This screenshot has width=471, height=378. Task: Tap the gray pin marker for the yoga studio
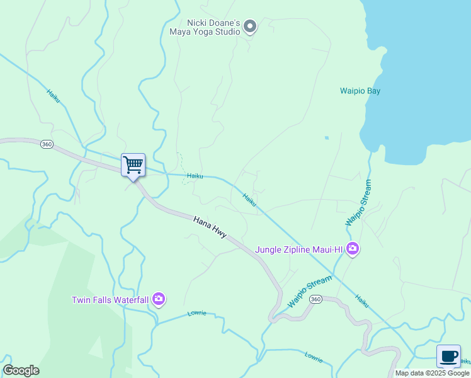coord(250,26)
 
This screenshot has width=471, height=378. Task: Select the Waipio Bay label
coord(360,91)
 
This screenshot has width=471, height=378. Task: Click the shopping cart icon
coord(133,165)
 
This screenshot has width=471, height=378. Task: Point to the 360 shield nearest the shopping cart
coord(47,144)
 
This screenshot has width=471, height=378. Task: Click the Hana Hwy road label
coord(210,227)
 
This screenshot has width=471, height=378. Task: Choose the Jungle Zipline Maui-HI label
coord(298,249)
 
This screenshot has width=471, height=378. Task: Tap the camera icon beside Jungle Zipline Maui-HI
coord(353,249)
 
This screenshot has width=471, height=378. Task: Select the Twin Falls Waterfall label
coord(110,299)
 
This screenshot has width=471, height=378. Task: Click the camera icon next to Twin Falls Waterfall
coord(159,299)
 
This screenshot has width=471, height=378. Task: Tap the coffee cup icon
coord(448,357)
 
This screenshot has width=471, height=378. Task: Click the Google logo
coord(21,370)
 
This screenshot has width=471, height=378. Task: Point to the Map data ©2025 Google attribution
coord(432,373)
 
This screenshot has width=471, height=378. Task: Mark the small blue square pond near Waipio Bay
coord(327,137)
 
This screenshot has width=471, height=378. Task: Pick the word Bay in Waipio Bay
coord(373,91)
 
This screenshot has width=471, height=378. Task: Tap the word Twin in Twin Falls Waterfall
coord(81,299)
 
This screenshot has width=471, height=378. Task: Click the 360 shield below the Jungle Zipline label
coord(315,299)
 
